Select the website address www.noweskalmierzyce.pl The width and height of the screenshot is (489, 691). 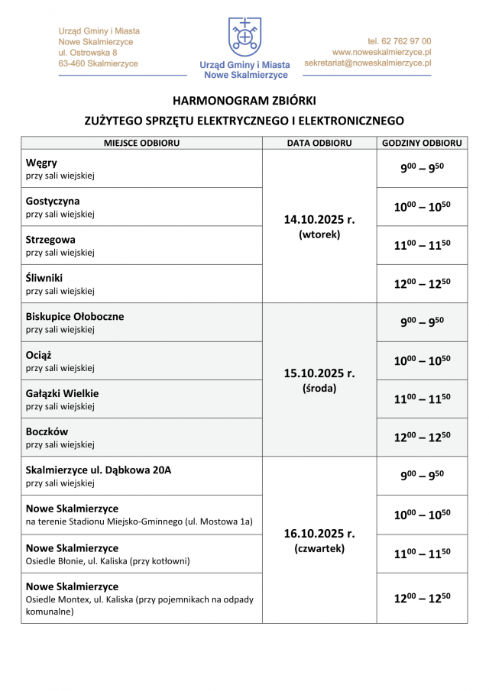pyautogui.click(x=381, y=53)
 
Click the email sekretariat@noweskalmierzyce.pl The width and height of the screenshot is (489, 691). pyautogui.click(x=368, y=63)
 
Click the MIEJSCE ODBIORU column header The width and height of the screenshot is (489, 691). pyautogui.click(x=141, y=143)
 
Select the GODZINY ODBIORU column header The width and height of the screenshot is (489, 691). pyautogui.click(x=422, y=143)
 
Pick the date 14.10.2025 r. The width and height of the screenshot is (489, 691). pyautogui.click(x=319, y=219)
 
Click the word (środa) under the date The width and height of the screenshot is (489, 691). pyautogui.click(x=319, y=388)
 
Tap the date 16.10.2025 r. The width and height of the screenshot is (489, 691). pyautogui.click(x=319, y=534)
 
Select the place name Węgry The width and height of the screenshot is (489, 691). pyautogui.click(x=41, y=163)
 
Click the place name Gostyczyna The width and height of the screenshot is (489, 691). pyautogui.click(x=53, y=202)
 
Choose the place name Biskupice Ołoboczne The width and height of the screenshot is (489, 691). pyautogui.click(x=75, y=316)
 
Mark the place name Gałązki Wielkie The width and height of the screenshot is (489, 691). pyautogui.click(x=62, y=393)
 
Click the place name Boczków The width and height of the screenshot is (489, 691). pyautogui.click(x=47, y=431)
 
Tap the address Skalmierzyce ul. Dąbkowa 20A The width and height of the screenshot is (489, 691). pyautogui.click(x=99, y=470)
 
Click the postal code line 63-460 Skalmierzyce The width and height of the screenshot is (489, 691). pyautogui.click(x=98, y=64)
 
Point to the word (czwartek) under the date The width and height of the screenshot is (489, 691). pyautogui.click(x=319, y=548)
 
